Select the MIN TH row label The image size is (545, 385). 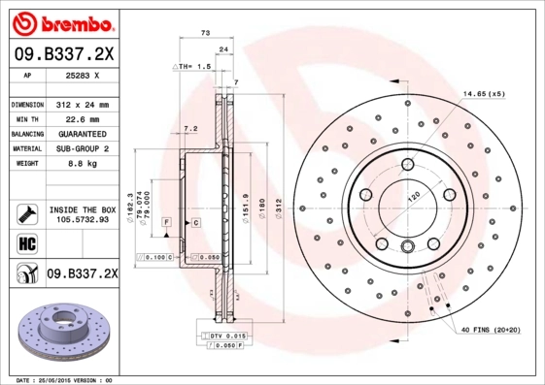(25, 118)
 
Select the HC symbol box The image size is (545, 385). (25, 241)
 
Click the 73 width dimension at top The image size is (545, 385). (205, 34)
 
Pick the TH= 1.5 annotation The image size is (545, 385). (191, 66)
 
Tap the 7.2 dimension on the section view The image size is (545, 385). (190, 128)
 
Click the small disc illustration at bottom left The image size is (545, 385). (64, 331)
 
